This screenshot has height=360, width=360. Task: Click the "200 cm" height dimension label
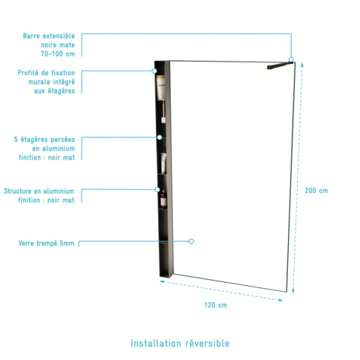(x=316, y=191)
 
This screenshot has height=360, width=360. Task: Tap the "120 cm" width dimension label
(x=216, y=305)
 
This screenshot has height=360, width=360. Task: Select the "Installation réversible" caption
(x=180, y=344)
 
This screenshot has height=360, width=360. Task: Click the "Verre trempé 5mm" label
(x=46, y=243)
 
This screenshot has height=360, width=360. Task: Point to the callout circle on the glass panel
(x=191, y=241)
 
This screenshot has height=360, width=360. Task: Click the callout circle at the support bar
(x=291, y=59)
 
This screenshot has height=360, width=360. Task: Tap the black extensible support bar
(x=280, y=65)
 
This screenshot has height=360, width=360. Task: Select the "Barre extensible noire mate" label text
(x=49, y=40)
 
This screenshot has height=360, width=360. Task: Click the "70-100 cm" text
(x=58, y=53)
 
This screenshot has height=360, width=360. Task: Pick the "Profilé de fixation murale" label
(x=46, y=77)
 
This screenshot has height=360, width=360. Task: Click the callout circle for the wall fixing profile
(x=154, y=71)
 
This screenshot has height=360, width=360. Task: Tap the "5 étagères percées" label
(x=45, y=140)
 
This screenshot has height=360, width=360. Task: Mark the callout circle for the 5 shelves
(x=160, y=137)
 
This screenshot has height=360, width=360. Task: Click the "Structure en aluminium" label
(x=39, y=191)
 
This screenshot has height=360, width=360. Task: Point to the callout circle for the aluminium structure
(x=157, y=189)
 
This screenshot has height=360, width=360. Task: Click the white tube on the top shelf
(x=161, y=88)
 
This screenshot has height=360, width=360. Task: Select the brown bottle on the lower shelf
(x=163, y=198)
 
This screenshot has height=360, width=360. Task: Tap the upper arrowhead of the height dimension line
(x=302, y=65)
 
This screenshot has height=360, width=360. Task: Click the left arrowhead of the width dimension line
(x=162, y=281)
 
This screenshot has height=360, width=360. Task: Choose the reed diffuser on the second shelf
(x=163, y=113)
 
